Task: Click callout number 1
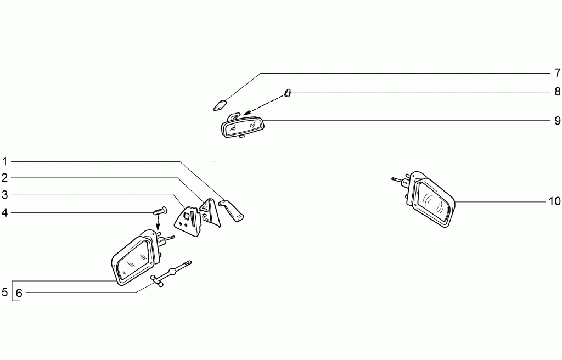4,161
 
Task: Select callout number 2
4,177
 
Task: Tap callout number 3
4,194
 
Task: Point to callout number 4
4,212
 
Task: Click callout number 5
4,292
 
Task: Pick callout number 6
19,293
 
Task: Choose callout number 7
557,73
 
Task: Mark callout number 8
557,92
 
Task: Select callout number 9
557,121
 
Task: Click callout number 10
554,201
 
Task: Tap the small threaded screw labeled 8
288,93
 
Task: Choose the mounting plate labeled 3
187,220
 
